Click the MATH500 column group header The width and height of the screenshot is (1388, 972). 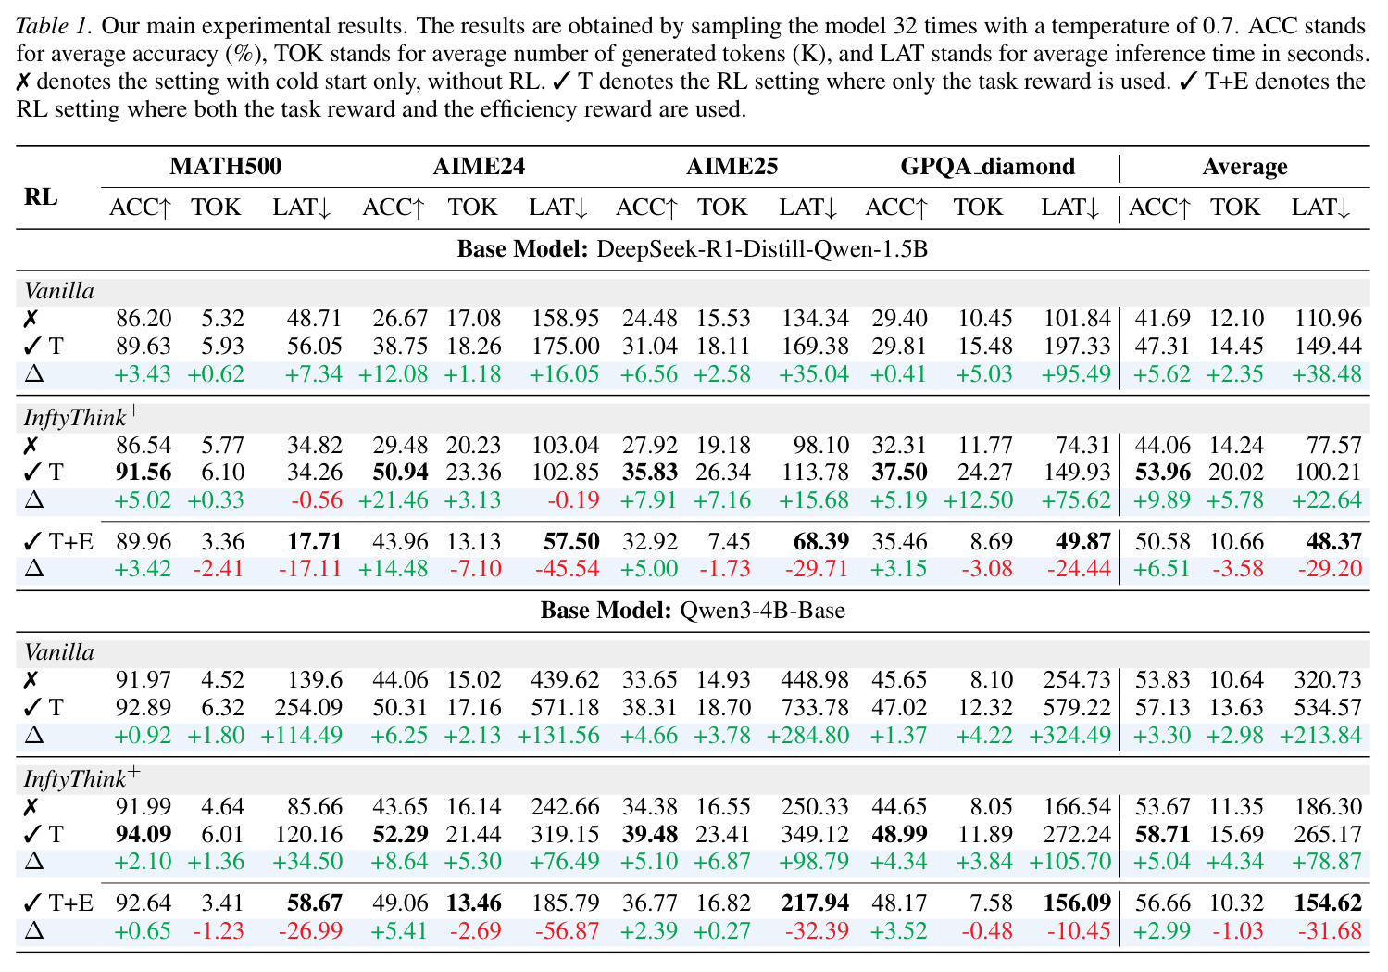(x=226, y=166)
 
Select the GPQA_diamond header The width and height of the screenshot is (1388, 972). (x=987, y=166)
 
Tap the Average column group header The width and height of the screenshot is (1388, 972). (x=1244, y=167)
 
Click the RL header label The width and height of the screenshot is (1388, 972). (x=41, y=196)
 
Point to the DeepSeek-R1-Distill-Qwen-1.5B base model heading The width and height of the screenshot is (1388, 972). (x=692, y=249)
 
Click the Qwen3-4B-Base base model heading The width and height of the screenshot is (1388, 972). (x=692, y=611)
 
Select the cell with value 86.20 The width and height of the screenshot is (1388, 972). (x=144, y=318)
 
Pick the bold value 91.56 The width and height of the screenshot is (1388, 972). (x=144, y=473)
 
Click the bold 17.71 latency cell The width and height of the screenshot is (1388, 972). (x=314, y=542)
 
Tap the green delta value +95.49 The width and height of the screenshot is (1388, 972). (x=1076, y=373)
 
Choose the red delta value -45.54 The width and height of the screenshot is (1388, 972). (x=564, y=568)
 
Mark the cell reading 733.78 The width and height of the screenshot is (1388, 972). (x=815, y=707)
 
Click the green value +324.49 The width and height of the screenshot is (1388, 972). (x=1070, y=735)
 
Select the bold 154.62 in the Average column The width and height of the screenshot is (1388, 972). (x=1328, y=903)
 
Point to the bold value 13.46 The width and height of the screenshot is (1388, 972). (x=473, y=903)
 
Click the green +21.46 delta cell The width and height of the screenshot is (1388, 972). (x=393, y=500)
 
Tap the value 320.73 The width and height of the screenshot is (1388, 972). (x=1328, y=680)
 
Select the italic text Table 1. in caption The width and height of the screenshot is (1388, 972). (x=54, y=26)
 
